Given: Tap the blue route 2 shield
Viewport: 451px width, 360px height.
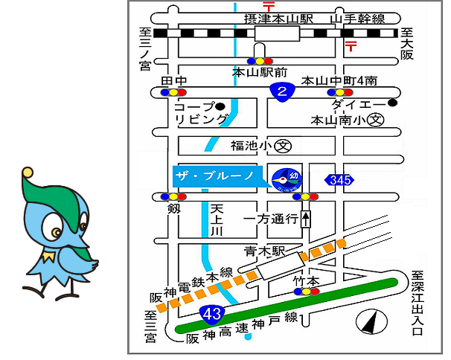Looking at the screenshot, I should pyautogui.click(x=281, y=91).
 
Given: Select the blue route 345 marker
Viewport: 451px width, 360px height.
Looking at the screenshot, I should pyautogui.click(x=339, y=179).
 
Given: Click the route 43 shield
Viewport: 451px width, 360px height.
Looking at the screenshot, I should pyautogui.click(x=212, y=314).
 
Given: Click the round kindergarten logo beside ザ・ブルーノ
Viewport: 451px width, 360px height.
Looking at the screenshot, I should pyautogui.click(x=283, y=179).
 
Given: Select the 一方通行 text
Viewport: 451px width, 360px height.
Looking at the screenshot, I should pyautogui.click(x=271, y=219).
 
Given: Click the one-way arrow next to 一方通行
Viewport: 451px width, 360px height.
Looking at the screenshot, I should pyautogui.click(x=307, y=219).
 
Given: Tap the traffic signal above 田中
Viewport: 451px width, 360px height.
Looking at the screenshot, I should pyautogui.click(x=173, y=92).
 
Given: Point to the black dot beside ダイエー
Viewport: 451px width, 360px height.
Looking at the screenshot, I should pyautogui.click(x=391, y=104).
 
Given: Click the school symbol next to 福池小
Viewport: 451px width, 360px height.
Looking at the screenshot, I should pyautogui.click(x=283, y=146).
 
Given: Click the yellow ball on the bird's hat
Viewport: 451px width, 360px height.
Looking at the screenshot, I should pyautogui.click(x=27, y=173).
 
